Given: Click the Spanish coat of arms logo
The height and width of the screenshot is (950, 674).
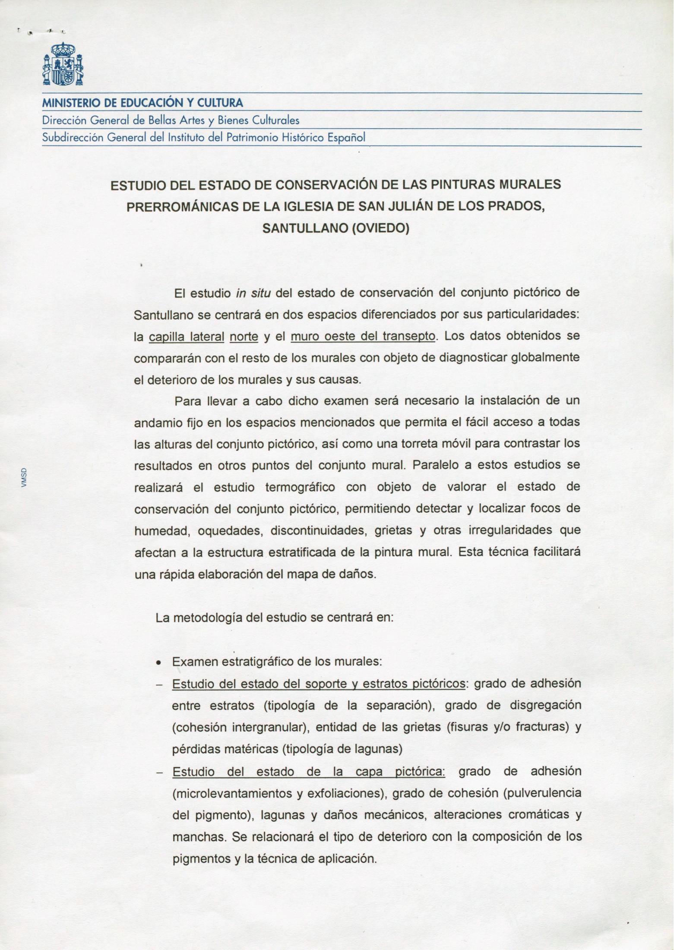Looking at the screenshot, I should click(x=63, y=64).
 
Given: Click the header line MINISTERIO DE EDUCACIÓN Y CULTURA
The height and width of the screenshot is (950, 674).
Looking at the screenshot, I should click(x=142, y=103).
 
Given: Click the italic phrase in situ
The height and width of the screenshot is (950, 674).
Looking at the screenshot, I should click(x=253, y=294).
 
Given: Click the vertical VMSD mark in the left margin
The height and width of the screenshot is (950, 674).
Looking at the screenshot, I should click(x=24, y=478).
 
